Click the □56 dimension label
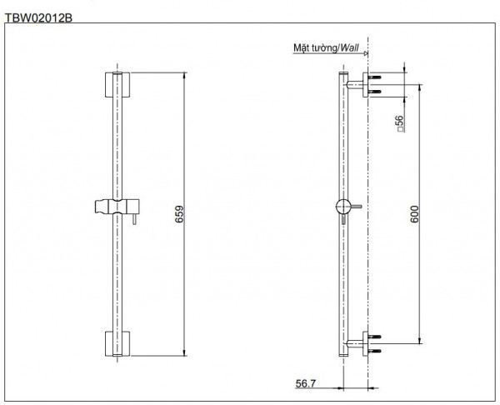point(400,124)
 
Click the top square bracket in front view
point(117,84)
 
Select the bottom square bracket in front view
point(117,343)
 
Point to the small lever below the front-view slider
point(131,220)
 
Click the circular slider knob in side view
point(342,207)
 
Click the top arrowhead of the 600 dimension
point(418,85)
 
